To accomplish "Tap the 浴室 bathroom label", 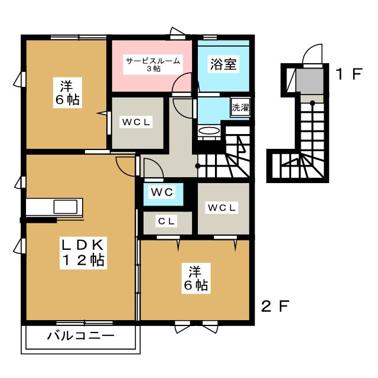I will (x=223, y=64).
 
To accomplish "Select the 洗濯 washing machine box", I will (x=240, y=108).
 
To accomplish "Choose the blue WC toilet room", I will (x=160, y=193).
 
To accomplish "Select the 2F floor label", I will (x=275, y=307).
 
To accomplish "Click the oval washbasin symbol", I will (x=208, y=131).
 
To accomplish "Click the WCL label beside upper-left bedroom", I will (x=138, y=122).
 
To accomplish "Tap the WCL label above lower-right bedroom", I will (x=222, y=207).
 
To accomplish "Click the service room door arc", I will (x=182, y=84).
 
